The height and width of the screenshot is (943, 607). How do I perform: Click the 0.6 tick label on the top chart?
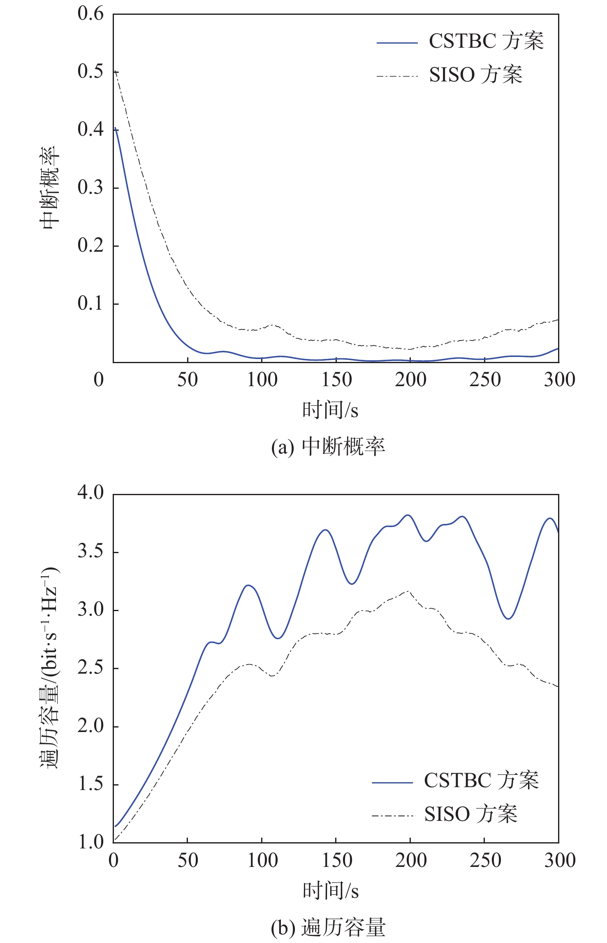click(90, 14)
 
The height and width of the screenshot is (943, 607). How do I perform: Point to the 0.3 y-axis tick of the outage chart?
click(90, 188)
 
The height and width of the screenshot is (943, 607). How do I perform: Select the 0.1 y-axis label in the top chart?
click(90, 304)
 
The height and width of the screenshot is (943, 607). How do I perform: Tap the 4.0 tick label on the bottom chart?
click(90, 493)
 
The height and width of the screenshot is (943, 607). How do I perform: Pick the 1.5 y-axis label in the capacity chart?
click(90, 784)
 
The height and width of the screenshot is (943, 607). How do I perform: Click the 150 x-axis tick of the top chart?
click(336, 380)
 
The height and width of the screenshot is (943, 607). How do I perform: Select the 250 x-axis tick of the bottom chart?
click(485, 860)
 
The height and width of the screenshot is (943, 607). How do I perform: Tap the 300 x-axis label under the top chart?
click(559, 380)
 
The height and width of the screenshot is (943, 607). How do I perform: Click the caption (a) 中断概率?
click(328, 447)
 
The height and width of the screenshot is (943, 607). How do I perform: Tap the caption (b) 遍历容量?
click(328, 927)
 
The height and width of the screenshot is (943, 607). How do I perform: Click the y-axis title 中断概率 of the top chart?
click(50, 188)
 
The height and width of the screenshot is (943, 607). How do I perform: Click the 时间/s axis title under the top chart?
click(330, 410)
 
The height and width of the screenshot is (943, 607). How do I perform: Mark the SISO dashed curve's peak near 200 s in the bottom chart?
click(408, 591)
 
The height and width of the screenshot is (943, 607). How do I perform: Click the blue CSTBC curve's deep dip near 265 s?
click(509, 619)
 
